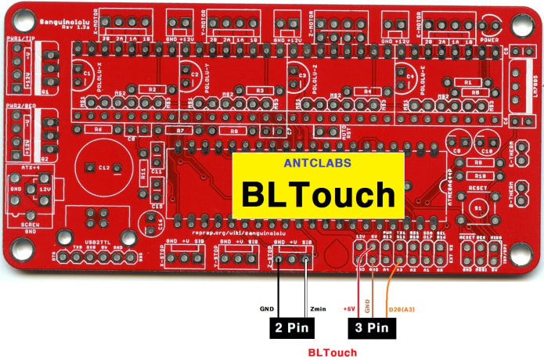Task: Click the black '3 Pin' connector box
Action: click(x=369, y=327)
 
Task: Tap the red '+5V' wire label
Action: click(x=350, y=309)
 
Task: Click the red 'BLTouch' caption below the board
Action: click(x=332, y=352)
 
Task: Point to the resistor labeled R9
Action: click(x=479, y=162)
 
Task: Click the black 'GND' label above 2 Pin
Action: click(x=266, y=309)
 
